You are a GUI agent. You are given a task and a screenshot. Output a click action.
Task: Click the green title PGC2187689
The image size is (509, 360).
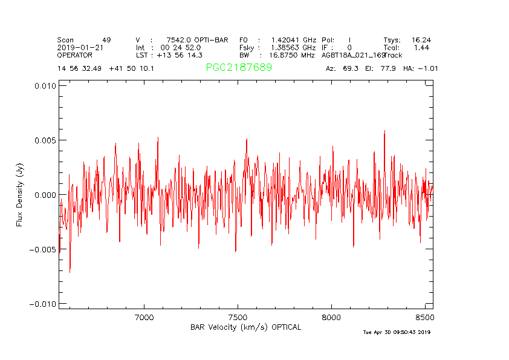coord(239,68)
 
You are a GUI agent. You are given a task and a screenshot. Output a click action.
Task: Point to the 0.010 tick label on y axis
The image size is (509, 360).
coord(44,86)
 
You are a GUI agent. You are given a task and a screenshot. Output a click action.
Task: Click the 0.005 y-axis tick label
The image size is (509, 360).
coord(44,140)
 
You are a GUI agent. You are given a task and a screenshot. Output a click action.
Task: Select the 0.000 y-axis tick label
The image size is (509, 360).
coord(44,195)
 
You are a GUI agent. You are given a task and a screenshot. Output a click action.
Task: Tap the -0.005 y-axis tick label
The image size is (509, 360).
coord(42,249)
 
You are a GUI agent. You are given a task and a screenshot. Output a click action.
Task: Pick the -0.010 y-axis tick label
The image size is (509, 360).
coord(42,304)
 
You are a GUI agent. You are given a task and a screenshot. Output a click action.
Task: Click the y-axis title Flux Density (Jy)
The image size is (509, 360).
coord(20,198)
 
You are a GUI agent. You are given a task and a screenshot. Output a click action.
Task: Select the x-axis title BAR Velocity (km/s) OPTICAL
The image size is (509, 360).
coord(245,327)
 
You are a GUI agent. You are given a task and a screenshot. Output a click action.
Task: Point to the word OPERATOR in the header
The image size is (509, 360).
coord(75,55)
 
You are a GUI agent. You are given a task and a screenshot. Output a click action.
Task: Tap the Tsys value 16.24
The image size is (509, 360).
coord(421,40)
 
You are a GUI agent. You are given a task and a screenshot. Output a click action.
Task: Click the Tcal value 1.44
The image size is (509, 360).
coord(421,47)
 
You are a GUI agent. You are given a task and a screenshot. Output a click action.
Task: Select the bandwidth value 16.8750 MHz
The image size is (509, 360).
coord(292,55)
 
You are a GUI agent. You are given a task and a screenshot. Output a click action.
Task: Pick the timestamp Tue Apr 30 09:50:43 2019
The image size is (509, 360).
coord(397,332)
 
